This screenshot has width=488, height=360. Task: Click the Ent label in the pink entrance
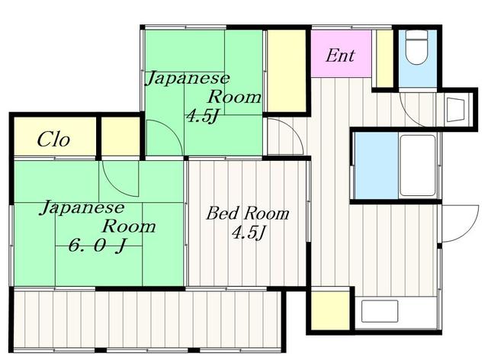339,56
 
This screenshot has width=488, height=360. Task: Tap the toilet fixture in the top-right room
416,47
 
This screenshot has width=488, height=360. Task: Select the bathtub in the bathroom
417,166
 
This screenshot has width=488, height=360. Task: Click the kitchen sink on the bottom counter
380,310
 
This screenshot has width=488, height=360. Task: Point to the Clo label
53,140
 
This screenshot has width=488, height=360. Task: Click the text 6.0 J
97,246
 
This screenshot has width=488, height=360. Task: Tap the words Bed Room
247,214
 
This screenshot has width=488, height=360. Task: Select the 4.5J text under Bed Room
249,233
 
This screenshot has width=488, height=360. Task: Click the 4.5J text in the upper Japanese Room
201,117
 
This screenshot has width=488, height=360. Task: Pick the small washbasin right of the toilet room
456,110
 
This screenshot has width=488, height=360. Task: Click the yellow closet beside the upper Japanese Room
287,70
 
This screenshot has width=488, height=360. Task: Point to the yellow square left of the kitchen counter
330,310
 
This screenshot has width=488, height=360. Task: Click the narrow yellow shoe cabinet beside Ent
384,58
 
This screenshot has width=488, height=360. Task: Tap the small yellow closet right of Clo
120,136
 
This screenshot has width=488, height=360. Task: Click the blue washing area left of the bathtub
376,166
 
